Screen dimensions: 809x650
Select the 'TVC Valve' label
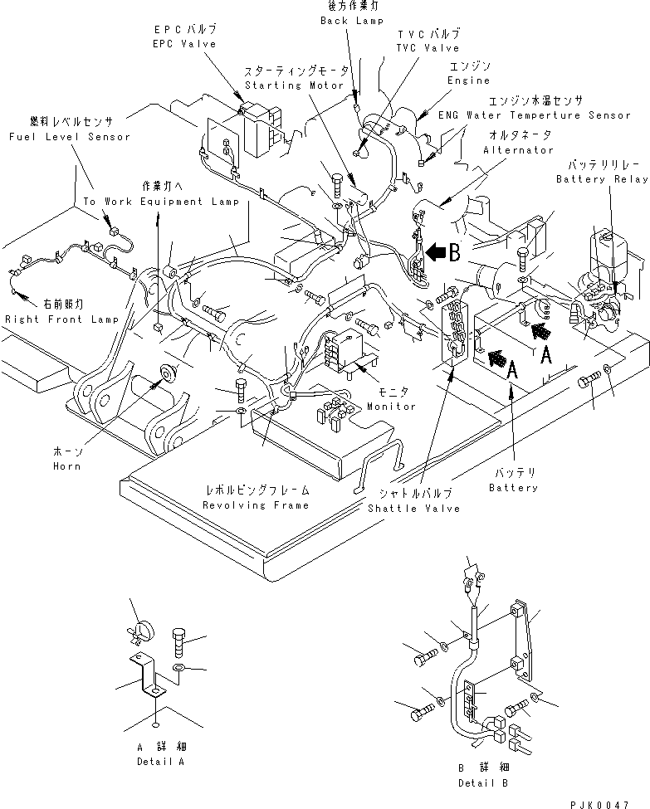coord(428,48)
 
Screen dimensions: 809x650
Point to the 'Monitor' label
coord(392,407)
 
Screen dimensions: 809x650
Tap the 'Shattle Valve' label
coord(413,508)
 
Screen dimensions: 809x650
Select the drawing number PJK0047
coord(607,802)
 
